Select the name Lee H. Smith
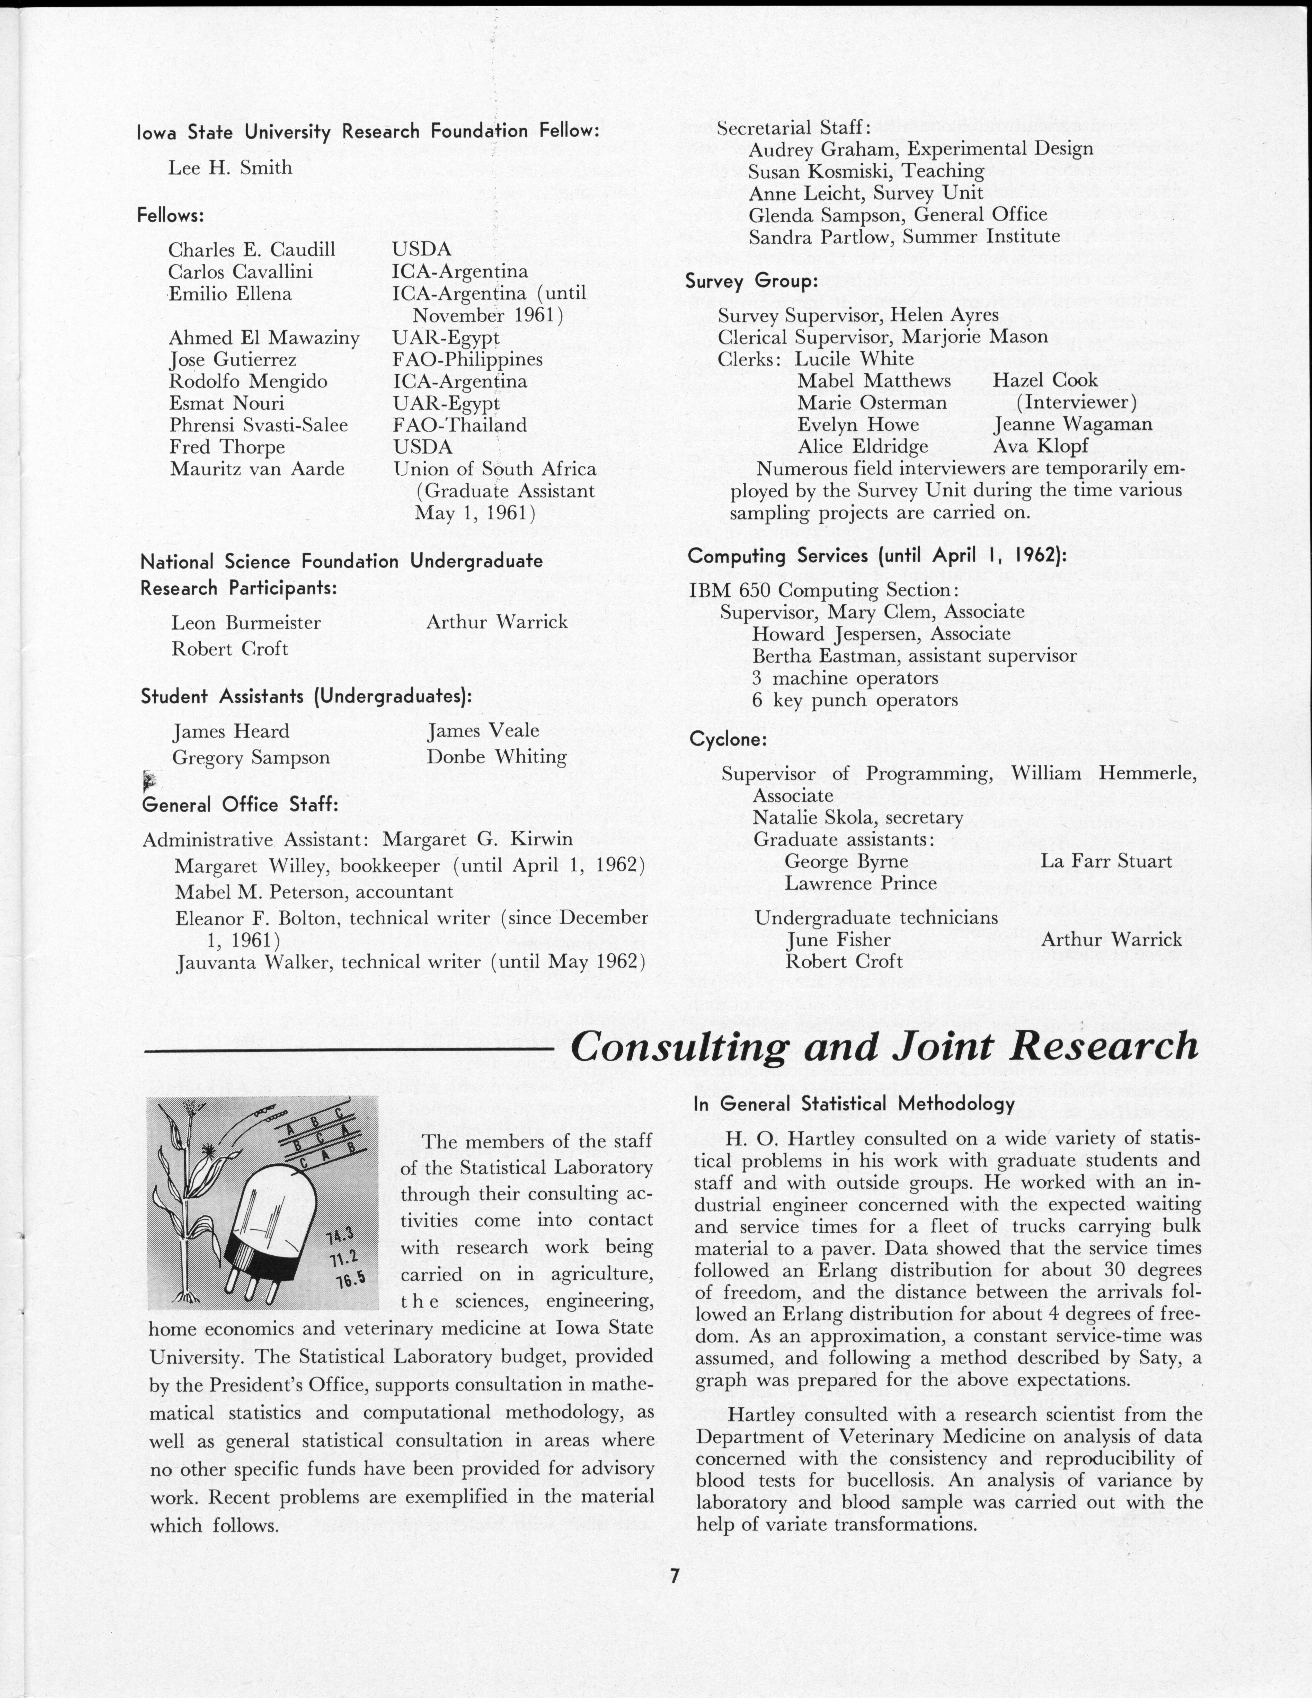tap(230, 167)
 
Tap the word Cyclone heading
tap(728, 739)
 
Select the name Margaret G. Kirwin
tap(477, 839)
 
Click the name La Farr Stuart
tap(1106, 861)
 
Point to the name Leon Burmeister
tap(246, 623)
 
